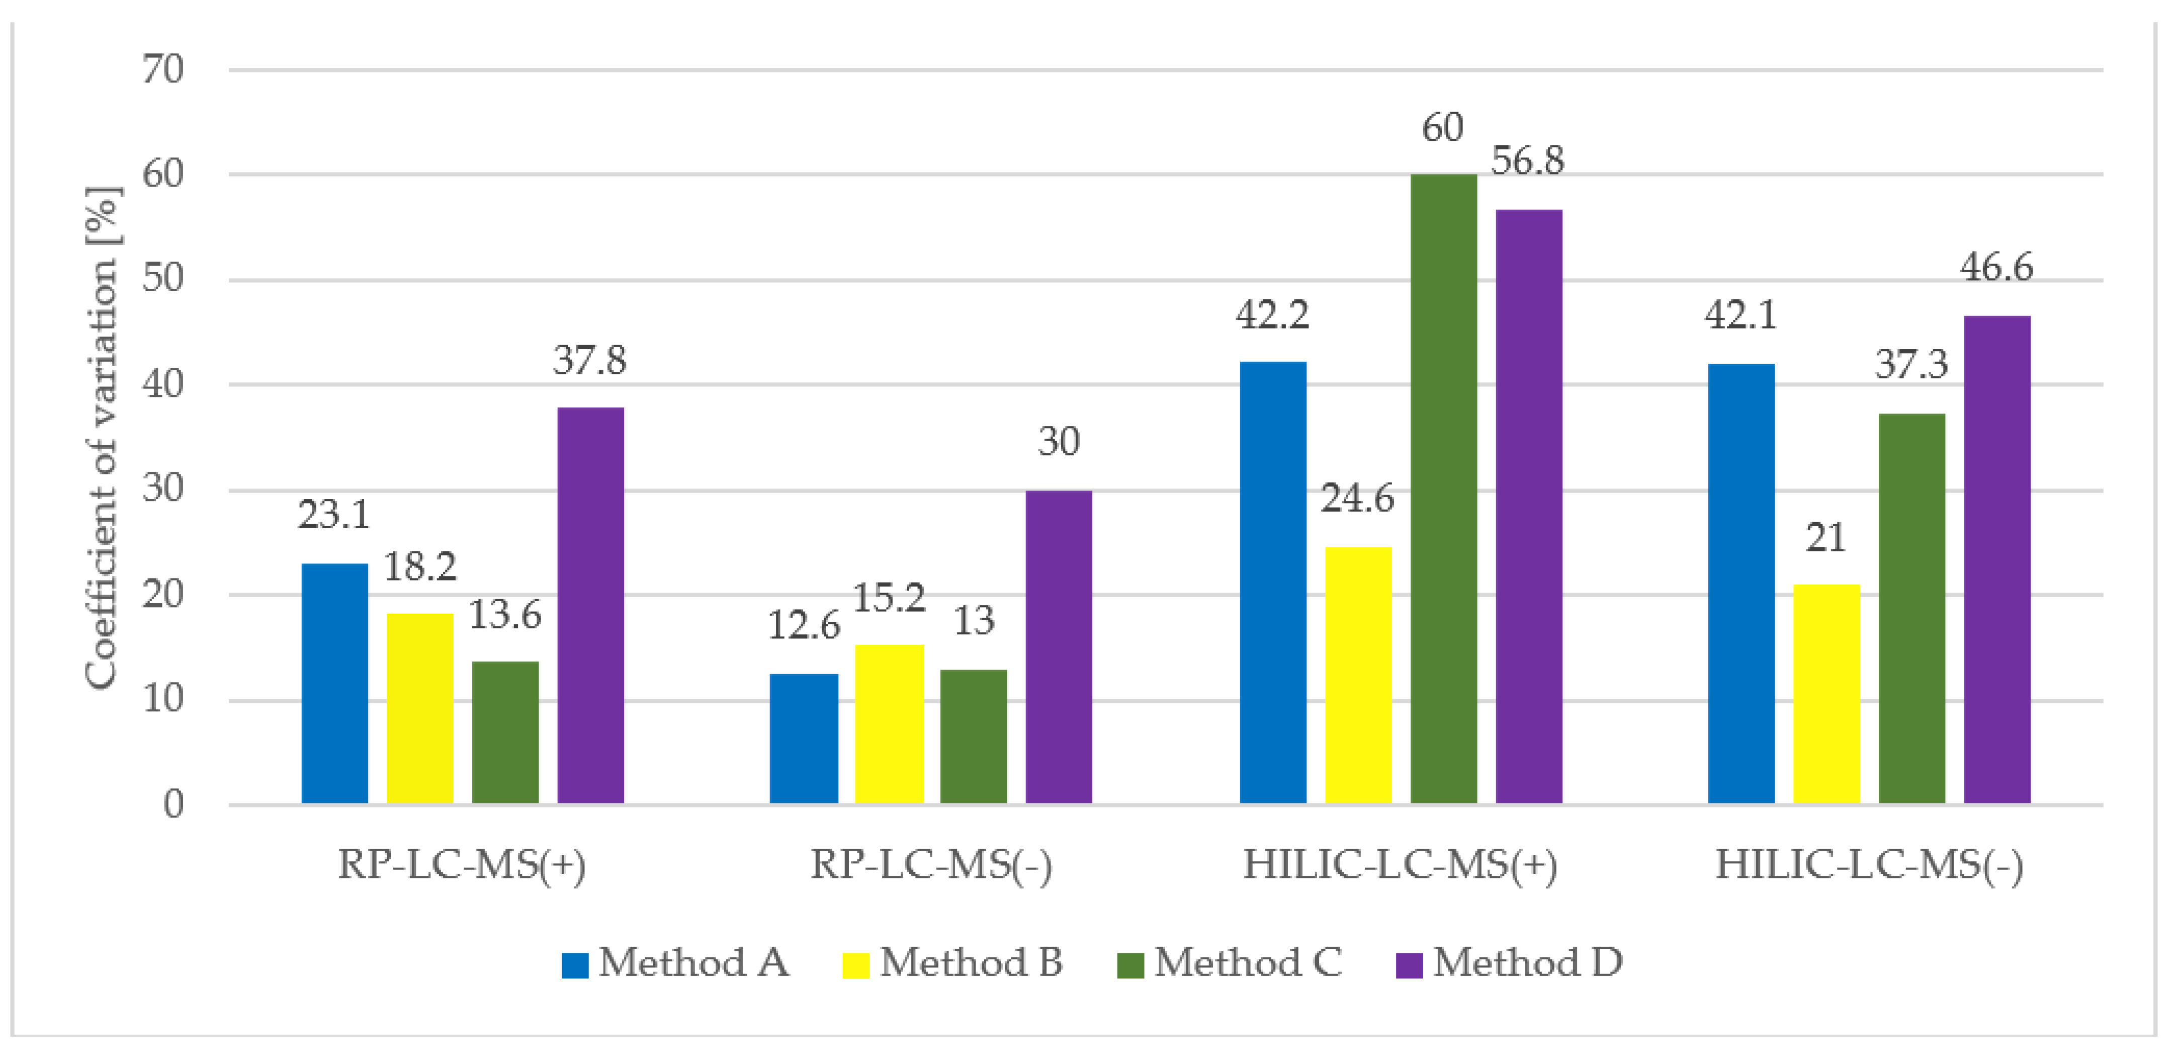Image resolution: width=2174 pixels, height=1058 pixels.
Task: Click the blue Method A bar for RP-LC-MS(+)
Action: pos(334,683)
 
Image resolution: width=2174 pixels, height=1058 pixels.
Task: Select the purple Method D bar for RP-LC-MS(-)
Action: pos(1058,647)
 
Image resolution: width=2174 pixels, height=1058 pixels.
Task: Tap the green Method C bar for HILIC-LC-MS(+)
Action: pos(1443,489)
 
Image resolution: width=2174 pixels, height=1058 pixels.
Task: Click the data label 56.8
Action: pos(1527,160)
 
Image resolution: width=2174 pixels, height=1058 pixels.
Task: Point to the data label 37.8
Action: pos(590,361)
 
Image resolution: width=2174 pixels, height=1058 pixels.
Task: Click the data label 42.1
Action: pos(1740,315)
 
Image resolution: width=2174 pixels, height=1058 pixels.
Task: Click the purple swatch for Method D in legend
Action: pos(1409,964)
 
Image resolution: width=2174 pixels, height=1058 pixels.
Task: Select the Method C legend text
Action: pos(1247,962)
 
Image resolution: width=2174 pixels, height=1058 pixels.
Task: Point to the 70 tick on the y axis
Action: pos(163,69)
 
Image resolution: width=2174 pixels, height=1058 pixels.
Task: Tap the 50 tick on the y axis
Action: pos(163,279)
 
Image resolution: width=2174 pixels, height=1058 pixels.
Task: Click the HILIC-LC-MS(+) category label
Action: pos(1400,865)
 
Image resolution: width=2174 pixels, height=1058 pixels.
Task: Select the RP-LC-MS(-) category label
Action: pos(931,865)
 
